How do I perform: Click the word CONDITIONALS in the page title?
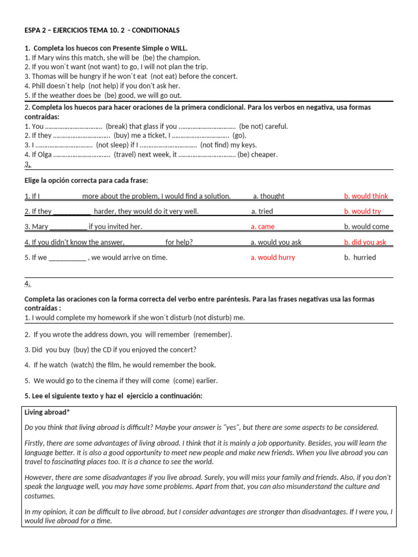pyautogui.click(x=156, y=30)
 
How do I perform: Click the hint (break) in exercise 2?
pyautogui.click(x=118, y=126)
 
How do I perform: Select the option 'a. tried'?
pyautogui.click(x=262, y=212)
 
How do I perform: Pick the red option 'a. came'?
pyautogui.click(x=262, y=227)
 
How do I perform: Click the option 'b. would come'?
pyautogui.click(x=366, y=227)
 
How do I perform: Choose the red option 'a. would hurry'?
pyautogui.click(x=273, y=258)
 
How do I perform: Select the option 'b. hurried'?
pyautogui.click(x=360, y=258)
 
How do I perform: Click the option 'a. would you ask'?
pyautogui.click(x=276, y=243)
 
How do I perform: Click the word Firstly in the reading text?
pyautogui.click(x=36, y=443)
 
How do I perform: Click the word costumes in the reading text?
pyautogui.click(x=40, y=496)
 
